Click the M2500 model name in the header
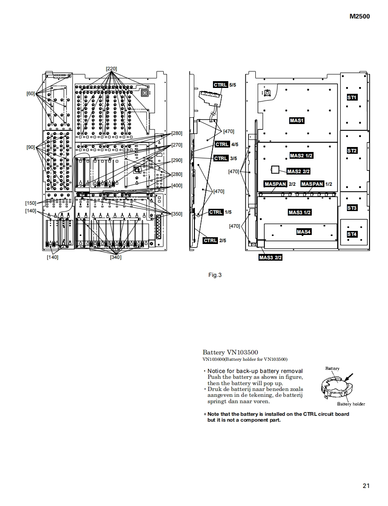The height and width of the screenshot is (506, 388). [360, 17]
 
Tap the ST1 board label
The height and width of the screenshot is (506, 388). [352, 97]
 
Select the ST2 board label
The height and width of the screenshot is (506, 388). [352, 151]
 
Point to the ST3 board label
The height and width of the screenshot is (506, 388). [352, 208]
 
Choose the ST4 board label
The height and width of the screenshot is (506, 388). [352, 234]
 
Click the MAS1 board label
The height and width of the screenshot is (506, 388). [297, 120]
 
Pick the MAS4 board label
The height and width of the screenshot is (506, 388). [304, 232]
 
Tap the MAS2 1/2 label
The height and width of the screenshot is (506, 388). [301, 156]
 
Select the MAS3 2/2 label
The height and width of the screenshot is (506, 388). [271, 258]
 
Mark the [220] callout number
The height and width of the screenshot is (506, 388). [111, 69]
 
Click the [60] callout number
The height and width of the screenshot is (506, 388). [31, 93]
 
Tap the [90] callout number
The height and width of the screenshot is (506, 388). [31, 147]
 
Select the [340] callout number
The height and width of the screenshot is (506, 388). [115, 257]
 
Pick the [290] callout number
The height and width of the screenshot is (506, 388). [177, 160]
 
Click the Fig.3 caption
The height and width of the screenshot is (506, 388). [215, 275]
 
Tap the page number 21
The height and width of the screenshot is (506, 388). [366, 486]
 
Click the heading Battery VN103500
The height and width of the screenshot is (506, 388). [231, 352]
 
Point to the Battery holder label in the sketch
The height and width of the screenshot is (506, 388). [351, 404]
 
